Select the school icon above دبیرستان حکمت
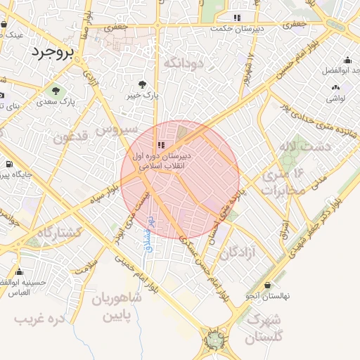[238, 17]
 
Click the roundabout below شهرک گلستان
[214, 341]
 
